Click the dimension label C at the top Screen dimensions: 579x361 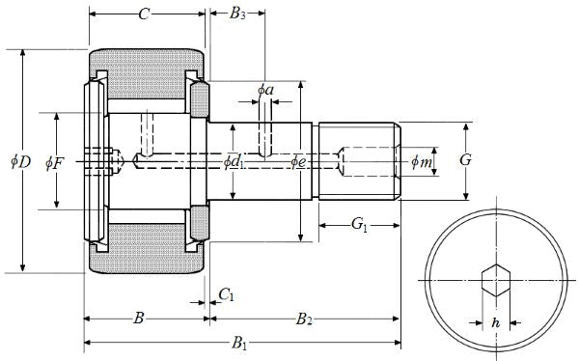[144, 14]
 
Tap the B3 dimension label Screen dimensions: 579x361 [237, 14]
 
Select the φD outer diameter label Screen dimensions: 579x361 [20, 162]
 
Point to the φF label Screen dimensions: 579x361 [55, 163]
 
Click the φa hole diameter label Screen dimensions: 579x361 [266, 90]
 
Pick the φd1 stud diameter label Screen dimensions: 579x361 [234, 162]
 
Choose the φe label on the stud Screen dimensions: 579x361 [298, 161]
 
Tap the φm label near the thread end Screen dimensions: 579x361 [422, 161]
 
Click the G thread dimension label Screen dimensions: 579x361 [466, 160]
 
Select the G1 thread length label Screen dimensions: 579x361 [359, 224]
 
